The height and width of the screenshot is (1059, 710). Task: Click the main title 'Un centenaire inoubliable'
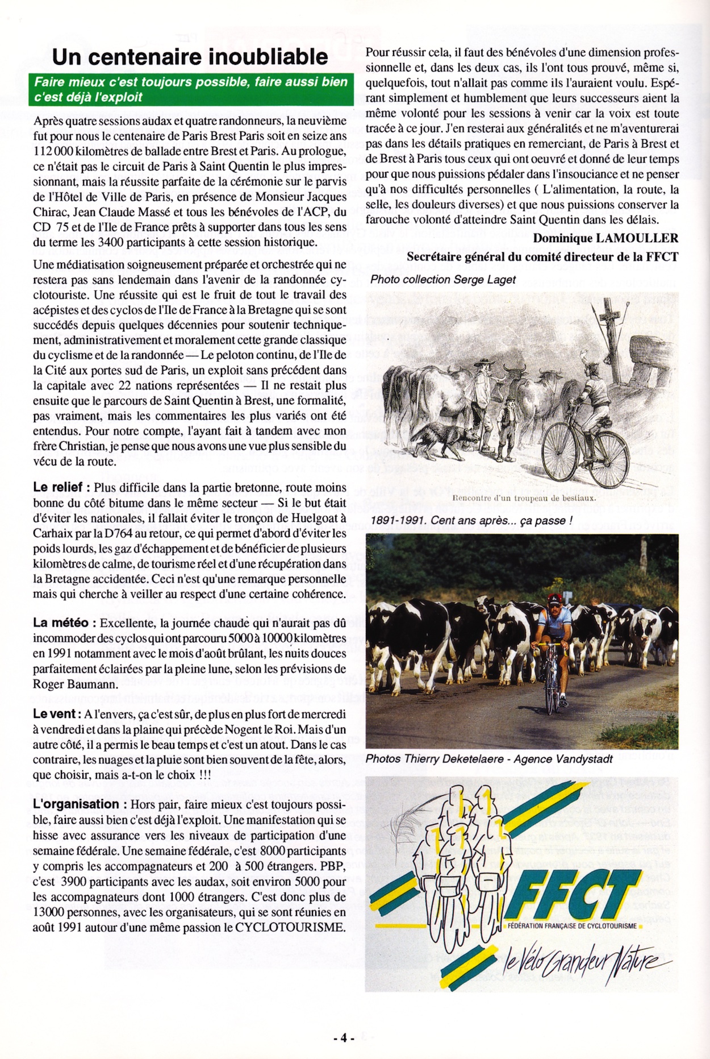point(190,57)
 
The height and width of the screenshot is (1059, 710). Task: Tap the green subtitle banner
point(191,89)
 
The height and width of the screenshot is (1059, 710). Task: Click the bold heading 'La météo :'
point(64,622)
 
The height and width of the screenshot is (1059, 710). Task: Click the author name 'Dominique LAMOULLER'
point(605,238)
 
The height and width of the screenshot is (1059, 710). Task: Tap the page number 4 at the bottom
point(344,1037)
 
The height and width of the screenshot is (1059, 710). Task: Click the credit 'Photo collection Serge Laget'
point(443,280)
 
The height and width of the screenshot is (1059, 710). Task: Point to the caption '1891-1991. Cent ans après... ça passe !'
point(471,520)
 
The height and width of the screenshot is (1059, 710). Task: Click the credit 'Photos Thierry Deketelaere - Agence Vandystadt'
point(489,759)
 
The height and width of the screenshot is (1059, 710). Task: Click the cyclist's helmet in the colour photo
point(554,599)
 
